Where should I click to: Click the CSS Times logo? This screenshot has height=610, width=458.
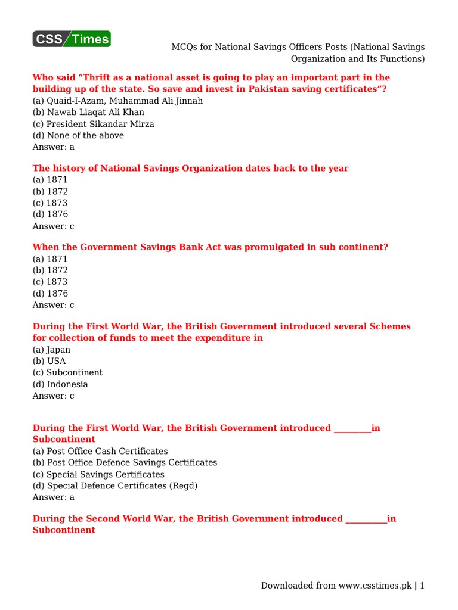click(x=72, y=39)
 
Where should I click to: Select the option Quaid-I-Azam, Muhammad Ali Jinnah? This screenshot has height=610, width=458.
click(x=117, y=101)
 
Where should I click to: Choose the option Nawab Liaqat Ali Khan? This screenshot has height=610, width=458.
click(x=88, y=112)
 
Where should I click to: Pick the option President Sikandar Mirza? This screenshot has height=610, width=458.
click(x=93, y=124)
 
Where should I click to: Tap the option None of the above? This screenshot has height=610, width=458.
click(x=78, y=135)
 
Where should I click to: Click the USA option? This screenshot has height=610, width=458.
click(x=49, y=361)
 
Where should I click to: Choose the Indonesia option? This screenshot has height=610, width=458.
click(x=60, y=384)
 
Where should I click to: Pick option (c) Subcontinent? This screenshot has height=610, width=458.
click(x=67, y=372)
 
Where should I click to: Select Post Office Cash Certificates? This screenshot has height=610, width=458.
click(x=100, y=451)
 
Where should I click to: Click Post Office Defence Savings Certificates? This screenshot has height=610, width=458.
click(x=125, y=462)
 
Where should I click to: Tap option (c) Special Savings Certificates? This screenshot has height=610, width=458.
click(x=98, y=474)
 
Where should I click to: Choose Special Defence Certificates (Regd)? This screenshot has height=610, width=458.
click(x=114, y=485)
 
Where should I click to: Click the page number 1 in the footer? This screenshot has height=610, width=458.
click(x=422, y=586)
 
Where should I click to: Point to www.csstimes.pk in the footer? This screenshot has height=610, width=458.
click(x=375, y=586)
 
